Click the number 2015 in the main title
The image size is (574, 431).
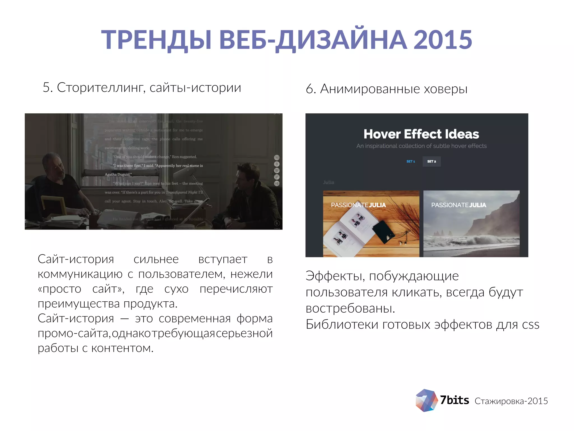pyautogui.click(x=443, y=40)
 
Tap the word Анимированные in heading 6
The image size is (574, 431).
pyautogui.click(x=370, y=89)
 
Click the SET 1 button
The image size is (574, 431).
pyautogui.click(x=411, y=161)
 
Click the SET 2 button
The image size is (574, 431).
pyautogui.click(x=431, y=161)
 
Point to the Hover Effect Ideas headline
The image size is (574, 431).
pyautogui.click(x=421, y=134)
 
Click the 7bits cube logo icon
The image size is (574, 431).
pyautogui.click(x=426, y=400)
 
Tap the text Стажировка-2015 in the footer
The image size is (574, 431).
pyautogui.click(x=511, y=401)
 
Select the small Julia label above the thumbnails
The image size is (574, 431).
pyautogui.click(x=328, y=182)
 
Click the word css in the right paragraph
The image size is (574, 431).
pyautogui.click(x=531, y=325)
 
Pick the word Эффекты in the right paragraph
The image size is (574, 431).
pyautogui.click(x=335, y=276)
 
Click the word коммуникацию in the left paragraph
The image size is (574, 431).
pyautogui.click(x=80, y=274)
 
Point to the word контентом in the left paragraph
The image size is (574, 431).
pyautogui.click(x=122, y=348)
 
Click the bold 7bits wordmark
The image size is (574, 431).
pyautogui.click(x=454, y=400)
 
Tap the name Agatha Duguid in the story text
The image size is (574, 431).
pyautogui.click(x=118, y=175)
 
